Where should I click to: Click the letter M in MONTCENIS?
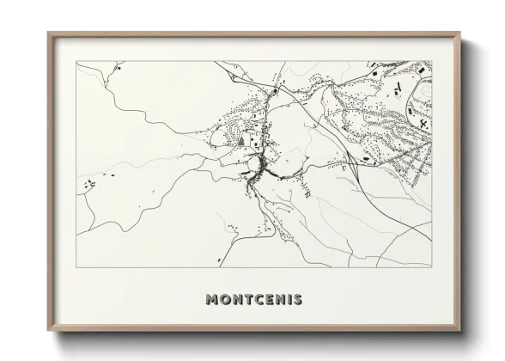tap(213, 299)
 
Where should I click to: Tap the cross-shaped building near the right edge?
tap(424, 123)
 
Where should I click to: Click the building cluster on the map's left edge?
tap(88, 182)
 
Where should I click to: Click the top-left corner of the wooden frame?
tap(48, 34)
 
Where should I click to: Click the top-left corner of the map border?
tap(77, 61)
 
